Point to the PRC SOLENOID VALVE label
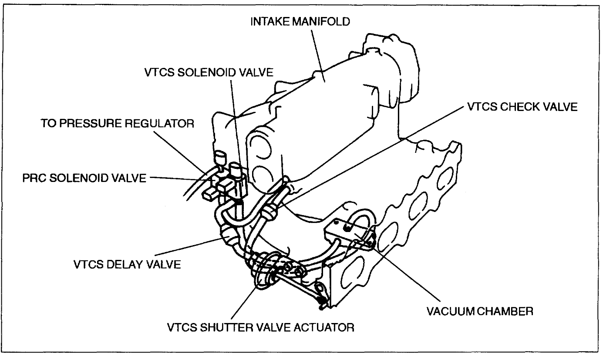click(84, 178)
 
